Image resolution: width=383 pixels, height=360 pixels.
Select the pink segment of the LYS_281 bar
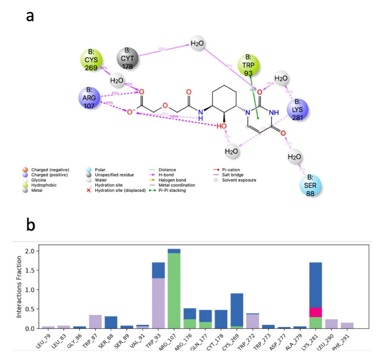click(316, 312)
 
